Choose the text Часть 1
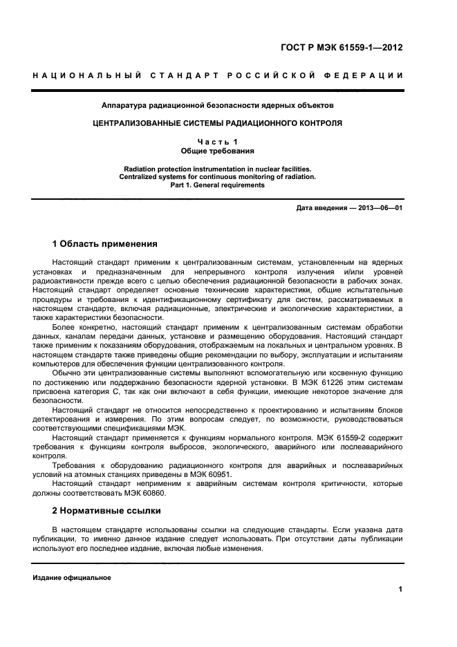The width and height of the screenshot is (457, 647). [218, 142]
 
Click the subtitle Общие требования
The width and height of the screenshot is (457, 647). [218, 150]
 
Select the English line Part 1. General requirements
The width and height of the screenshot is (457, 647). [218, 185]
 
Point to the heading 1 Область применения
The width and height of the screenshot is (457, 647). [105, 244]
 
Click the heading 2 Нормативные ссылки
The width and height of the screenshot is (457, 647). [106, 511]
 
